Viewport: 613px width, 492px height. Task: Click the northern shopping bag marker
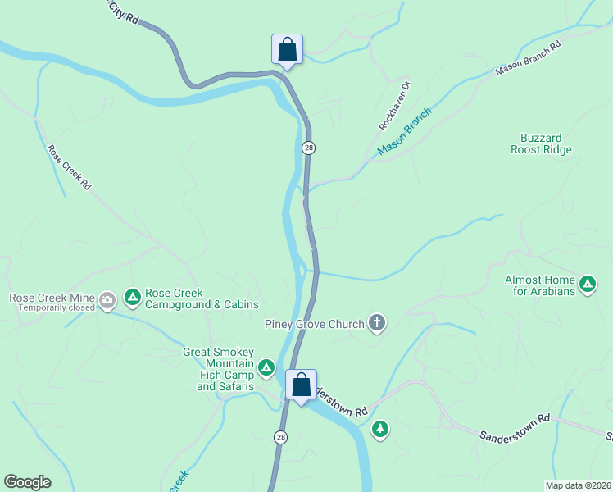pyautogui.click(x=287, y=48)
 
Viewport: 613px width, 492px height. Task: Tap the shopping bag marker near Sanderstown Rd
pyautogui.click(x=301, y=385)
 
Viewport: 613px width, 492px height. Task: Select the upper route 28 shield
pyautogui.click(x=307, y=148)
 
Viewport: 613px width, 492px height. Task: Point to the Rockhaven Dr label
pyautogui.click(x=395, y=105)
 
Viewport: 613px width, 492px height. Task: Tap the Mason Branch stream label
pyautogui.click(x=404, y=134)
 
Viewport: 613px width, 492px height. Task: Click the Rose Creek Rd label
pyautogui.click(x=69, y=168)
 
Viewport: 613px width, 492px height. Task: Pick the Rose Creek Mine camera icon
pyautogui.click(x=107, y=302)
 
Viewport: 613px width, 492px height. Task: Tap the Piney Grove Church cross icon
pyautogui.click(x=377, y=323)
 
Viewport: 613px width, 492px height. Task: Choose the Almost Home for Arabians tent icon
pyautogui.click(x=587, y=285)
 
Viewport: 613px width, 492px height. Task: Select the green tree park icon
pyautogui.click(x=379, y=428)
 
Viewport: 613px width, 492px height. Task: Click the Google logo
pyautogui.click(x=27, y=482)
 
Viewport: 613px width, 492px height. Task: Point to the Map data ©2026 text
pyautogui.click(x=578, y=485)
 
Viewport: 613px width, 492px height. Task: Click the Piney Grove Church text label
pyautogui.click(x=314, y=324)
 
